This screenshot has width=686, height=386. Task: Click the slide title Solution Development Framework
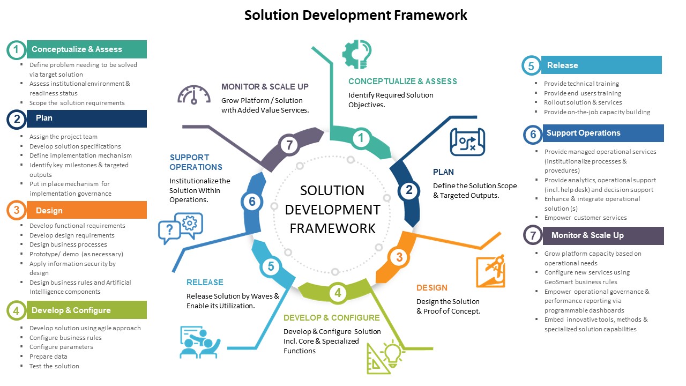tap(355, 15)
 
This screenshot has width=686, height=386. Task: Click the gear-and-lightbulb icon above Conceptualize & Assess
tap(357, 54)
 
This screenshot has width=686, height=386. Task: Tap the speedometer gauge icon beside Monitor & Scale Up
tap(193, 94)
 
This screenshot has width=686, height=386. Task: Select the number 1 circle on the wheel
tap(361, 138)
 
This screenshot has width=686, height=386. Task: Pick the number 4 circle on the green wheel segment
tap(338, 293)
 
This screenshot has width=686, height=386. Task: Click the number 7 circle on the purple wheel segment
tap(289, 145)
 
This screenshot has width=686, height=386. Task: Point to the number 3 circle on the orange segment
tap(399, 257)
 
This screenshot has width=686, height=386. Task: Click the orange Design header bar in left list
tap(86, 210)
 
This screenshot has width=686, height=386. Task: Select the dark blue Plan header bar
tap(86, 118)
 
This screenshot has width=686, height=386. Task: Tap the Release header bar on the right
tap(601, 65)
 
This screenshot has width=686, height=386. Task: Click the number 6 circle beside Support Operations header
tap(533, 135)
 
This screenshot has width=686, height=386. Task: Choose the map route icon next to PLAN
tap(467, 142)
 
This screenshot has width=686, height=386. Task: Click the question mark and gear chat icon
tap(181, 228)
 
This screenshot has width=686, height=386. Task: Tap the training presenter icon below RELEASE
tap(199, 342)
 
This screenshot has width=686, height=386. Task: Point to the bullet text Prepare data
tap(48, 357)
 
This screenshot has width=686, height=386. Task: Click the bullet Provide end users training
tap(582, 93)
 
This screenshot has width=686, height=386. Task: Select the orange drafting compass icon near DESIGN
tap(490, 272)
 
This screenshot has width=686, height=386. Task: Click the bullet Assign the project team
tap(63, 137)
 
